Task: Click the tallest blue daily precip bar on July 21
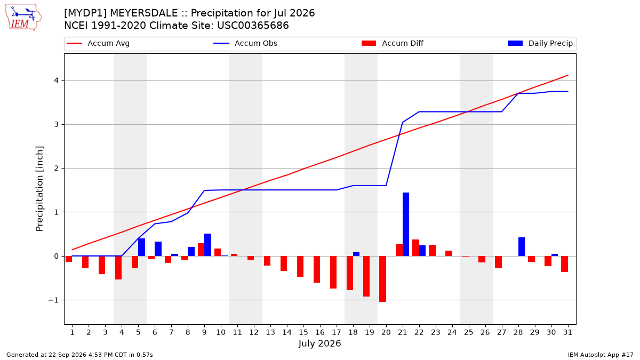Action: pos(406,225)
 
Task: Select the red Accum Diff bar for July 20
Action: pos(382,279)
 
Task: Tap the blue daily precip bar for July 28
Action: pos(522,246)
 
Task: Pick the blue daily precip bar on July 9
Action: pos(207,245)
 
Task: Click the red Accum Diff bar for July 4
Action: pos(118,268)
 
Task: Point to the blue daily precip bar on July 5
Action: pos(141,247)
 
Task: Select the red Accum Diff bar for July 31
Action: pos(564,264)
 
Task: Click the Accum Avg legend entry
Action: pos(98,43)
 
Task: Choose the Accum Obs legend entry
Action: pos(245,43)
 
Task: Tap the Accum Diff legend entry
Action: pos(393,43)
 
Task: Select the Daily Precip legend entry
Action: pos(540,43)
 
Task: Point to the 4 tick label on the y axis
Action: pos(56,81)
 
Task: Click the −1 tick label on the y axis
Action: pos(53,300)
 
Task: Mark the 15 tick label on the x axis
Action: pos(303,332)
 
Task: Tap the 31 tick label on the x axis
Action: pos(567,332)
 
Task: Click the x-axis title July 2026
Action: pos(319,343)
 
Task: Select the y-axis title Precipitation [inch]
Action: pos(39,189)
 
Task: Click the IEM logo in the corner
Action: pos(23,18)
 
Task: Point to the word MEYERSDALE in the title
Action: pos(143,13)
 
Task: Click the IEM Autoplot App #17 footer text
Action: pos(601,355)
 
